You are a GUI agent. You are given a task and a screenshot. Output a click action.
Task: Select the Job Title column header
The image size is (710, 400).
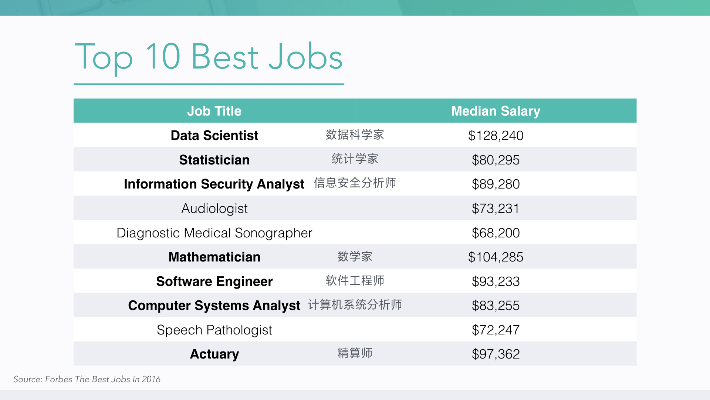coord(214,111)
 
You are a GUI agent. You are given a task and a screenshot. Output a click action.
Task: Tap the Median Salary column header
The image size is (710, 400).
coord(496,111)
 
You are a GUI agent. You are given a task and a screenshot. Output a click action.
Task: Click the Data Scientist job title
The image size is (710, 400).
coord(214,136)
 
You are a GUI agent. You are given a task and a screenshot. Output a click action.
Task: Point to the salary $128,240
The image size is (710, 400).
coord(496,136)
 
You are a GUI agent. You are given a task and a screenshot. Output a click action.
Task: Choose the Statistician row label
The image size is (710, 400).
coord(214,160)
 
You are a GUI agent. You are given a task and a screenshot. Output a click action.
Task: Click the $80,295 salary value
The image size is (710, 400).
coord(496,160)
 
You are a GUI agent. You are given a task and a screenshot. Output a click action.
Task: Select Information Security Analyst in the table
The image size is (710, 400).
coord(214,184)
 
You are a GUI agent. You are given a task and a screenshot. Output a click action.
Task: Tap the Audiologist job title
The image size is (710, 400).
coord(214,209)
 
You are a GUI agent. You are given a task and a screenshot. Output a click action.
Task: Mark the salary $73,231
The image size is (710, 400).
coord(496,209)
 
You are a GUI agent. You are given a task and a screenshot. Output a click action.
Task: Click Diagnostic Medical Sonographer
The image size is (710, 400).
coord(214,233)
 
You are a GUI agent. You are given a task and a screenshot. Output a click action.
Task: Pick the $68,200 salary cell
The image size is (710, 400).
coord(496,233)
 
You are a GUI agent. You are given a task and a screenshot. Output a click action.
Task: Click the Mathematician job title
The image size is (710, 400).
coord(214,257)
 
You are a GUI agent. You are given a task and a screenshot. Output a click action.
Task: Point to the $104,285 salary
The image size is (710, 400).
coord(496,257)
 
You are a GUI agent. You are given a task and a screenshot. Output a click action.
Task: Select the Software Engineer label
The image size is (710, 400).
coord(214,281)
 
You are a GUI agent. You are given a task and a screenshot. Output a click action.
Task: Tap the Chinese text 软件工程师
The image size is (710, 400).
coord(355,280)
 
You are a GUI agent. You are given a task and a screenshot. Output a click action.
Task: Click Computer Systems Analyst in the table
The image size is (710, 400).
coord(214,306)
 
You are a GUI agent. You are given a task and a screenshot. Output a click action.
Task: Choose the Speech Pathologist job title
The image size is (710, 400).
coord(214,330)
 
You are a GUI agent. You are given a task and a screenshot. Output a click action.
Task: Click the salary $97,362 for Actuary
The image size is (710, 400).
coord(496,354)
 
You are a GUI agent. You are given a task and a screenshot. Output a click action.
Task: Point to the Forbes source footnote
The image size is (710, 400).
coord(87,379)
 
